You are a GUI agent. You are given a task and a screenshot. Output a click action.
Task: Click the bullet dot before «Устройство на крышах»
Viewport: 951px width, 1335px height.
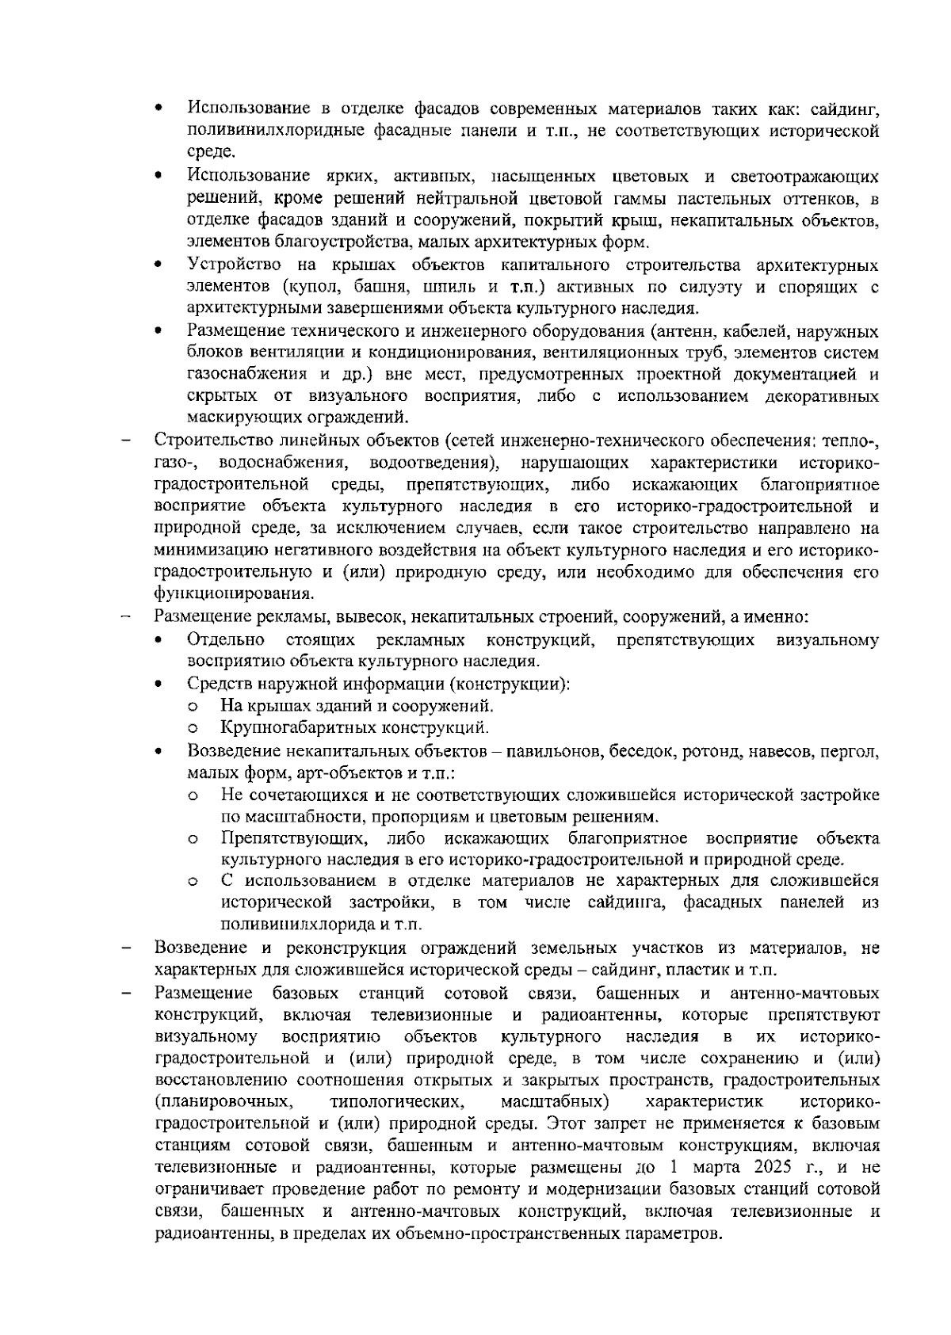[159, 265]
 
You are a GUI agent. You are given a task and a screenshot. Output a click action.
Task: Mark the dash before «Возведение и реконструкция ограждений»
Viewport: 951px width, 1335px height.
[126, 948]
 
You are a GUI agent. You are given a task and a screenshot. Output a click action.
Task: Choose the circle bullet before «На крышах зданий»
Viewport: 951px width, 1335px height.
[192, 706]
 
